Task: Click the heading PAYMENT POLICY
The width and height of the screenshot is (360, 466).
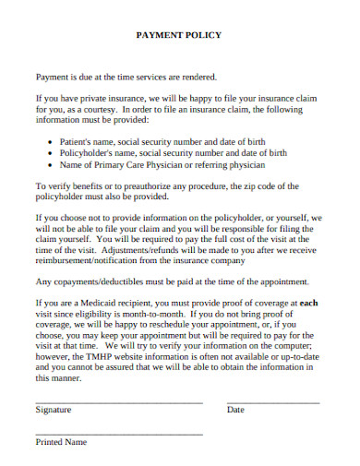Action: tap(179, 35)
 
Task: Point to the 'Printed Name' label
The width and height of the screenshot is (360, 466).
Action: tap(61, 442)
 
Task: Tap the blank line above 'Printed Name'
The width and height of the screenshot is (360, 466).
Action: tap(118, 434)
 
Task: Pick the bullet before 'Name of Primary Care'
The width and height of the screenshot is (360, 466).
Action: tap(49, 165)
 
